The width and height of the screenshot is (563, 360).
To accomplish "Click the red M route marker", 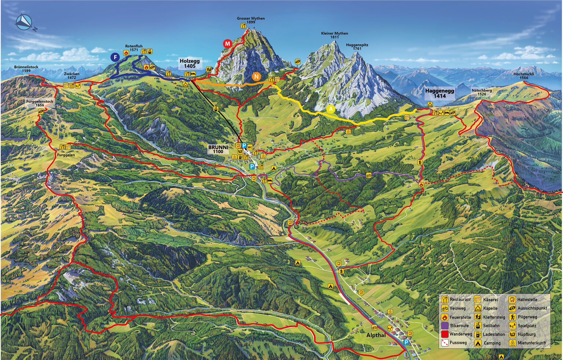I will click(228, 44).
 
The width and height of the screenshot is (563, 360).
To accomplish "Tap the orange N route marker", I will click(256, 77).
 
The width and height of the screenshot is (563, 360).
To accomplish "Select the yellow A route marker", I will click(331, 109).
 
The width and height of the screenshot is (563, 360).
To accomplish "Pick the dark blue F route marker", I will click(115, 57).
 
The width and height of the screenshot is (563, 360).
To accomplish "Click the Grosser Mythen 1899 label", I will click(251, 20).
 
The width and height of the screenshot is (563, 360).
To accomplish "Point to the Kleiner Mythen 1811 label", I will click(334, 35).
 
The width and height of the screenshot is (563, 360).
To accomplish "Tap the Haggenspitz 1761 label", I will click(357, 47).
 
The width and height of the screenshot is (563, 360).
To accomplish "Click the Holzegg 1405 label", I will click(190, 63).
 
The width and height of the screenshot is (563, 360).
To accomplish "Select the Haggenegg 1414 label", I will click(439, 93).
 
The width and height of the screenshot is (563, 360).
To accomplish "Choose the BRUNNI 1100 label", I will click(218, 149).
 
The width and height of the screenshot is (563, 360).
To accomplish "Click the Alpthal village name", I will click(376, 335).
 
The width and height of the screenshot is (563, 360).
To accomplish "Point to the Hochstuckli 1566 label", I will click(524, 76).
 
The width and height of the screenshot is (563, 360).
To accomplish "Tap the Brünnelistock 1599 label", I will click(26, 69).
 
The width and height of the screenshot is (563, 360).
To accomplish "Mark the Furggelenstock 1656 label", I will click(40, 103).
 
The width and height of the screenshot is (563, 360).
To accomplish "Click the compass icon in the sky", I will click(24, 22).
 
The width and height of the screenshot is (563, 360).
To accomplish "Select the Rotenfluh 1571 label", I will click(134, 48).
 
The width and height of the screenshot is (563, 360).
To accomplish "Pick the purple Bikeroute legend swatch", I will click(445, 326).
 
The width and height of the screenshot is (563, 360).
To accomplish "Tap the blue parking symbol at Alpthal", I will click(406, 342).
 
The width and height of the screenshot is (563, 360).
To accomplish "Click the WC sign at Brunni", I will click(250, 147).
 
